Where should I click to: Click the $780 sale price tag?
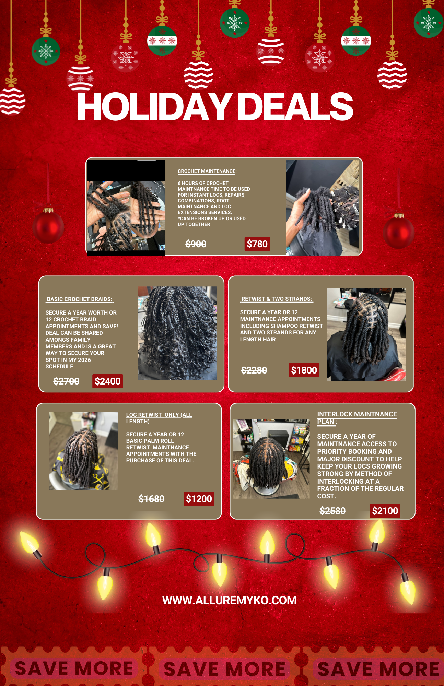tap(257, 244)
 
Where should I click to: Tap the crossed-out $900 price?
tap(196, 244)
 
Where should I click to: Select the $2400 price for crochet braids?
tap(107, 381)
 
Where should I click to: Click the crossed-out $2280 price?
tap(254, 370)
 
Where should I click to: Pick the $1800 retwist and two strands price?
tap(304, 370)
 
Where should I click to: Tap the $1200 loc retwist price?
tap(199, 499)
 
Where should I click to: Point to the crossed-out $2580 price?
tap(332, 511)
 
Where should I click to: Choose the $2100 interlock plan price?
tap(385, 511)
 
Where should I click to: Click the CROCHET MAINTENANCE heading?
tap(207, 171)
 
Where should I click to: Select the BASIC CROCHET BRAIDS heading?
tap(80, 299)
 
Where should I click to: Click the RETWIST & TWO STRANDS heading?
tap(277, 299)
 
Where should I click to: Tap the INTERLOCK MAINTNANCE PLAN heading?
tap(357, 417)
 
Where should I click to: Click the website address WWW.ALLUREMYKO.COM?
tap(229, 600)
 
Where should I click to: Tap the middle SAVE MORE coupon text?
tap(224, 669)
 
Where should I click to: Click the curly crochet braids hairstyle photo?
tap(177, 333)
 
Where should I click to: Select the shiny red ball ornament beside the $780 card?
tap(398, 232)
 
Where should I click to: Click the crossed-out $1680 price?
tap(151, 499)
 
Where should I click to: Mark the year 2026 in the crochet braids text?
tap(84, 360)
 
